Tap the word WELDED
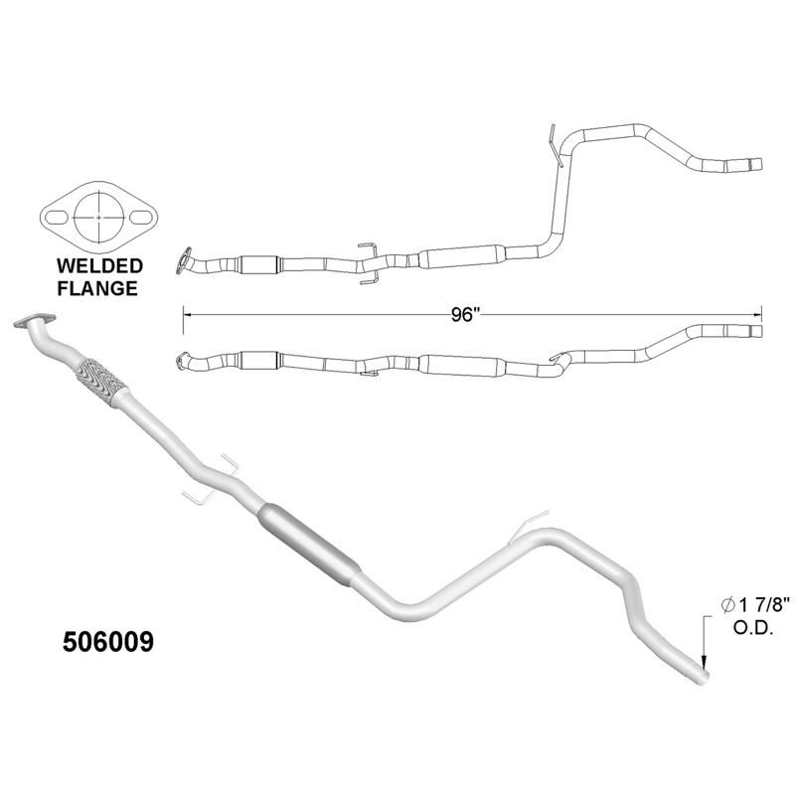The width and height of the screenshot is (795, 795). (x=98, y=266)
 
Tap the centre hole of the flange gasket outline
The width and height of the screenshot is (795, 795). (x=99, y=214)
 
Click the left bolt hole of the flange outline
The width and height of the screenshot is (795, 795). (x=56, y=214)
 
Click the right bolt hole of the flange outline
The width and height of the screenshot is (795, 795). (x=143, y=214)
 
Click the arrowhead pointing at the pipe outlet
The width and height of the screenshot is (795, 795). (x=704, y=661)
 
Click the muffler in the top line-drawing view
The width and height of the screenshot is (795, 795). (x=459, y=257)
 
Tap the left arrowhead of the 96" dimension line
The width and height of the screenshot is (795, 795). (x=188, y=313)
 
